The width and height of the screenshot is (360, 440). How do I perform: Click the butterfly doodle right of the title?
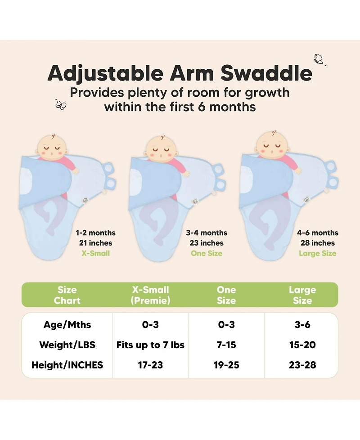[x=319, y=59]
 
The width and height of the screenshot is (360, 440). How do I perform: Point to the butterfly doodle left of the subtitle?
[x=61, y=105]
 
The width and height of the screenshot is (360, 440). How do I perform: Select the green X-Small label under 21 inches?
[x=95, y=253]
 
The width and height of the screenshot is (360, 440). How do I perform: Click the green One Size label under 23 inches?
[x=206, y=253]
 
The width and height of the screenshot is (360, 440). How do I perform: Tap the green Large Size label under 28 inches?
[x=317, y=253]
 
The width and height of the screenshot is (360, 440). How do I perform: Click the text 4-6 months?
[x=317, y=233]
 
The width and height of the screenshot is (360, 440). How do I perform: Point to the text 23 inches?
[x=206, y=243]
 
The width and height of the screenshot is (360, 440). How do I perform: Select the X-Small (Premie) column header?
[x=150, y=295]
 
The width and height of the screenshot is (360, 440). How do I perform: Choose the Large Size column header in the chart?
[x=302, y=295]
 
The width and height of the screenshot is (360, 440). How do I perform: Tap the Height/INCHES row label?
[x=67, y=365]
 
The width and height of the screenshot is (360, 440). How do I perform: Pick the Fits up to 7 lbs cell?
[x=150, y=345]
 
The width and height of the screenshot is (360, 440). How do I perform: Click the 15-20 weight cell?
[x=302, y=345]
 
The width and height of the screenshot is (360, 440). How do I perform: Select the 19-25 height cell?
[x=226, y=365]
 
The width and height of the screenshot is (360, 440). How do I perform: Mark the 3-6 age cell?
[x=302, y=325]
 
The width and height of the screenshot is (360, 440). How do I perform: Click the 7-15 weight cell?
[x=226, y=345]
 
